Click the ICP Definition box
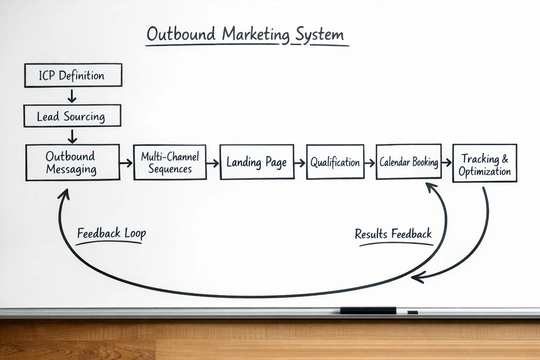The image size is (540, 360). [73, 75]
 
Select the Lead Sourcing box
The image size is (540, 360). [72, 116]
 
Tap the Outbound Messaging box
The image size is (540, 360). [72, 162]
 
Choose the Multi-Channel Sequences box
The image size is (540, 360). [170, 162]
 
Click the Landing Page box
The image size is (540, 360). [257, 162]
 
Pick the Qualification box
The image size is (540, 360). [335, 162]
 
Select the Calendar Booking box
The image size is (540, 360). [409, 162]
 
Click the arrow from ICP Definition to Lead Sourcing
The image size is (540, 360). [72, 96]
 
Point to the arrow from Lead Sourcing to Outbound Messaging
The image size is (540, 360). [72, 136]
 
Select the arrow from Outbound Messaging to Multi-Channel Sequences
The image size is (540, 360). [126, 163]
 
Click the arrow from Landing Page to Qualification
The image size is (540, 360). [300, 163]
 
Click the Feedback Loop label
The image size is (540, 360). [111, 233]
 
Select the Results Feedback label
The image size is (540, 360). [393, 234]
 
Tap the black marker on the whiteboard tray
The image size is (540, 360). [368, 310]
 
